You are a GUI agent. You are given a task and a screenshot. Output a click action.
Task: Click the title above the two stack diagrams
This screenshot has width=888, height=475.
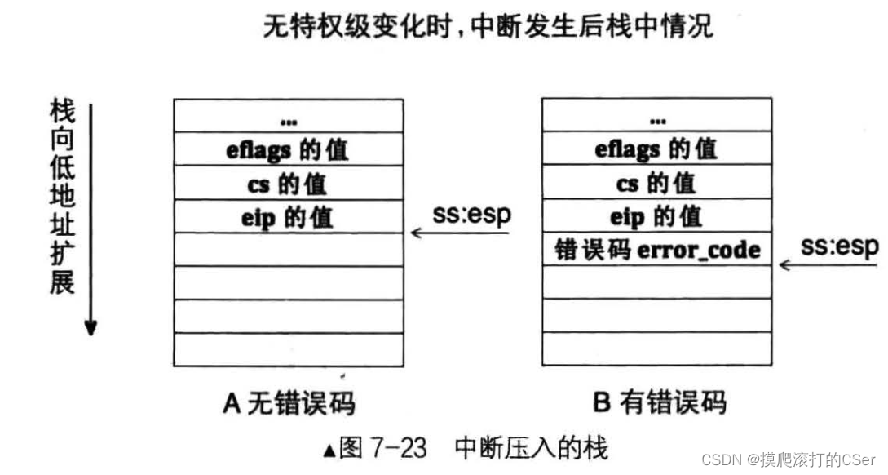point(488,26)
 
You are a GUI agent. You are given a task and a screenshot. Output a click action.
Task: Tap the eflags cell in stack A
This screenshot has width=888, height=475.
point(288,149)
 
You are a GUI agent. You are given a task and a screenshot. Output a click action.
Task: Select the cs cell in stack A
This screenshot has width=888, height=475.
point(288,183)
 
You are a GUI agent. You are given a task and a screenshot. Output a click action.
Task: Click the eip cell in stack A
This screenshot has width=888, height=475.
point(288,216)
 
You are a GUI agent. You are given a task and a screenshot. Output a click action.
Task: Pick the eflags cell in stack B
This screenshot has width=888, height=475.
point(656,149)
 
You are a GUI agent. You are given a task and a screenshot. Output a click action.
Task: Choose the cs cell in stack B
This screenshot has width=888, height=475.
point(656,183)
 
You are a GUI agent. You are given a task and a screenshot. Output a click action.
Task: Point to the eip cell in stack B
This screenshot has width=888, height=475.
point(656,216)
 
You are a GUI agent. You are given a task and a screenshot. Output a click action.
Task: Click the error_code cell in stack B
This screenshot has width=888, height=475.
point(656,249)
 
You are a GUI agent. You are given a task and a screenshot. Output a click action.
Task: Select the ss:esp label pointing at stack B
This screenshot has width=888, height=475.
point(840,246)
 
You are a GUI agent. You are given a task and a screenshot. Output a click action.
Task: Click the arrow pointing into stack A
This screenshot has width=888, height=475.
point(458,233)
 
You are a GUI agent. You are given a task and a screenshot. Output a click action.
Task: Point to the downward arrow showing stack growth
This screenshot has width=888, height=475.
point(91,220)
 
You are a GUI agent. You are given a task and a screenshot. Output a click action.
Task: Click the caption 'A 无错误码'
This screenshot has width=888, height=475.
point(289,403)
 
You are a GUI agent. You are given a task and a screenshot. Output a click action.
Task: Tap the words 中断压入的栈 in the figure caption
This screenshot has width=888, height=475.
point(530,448)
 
